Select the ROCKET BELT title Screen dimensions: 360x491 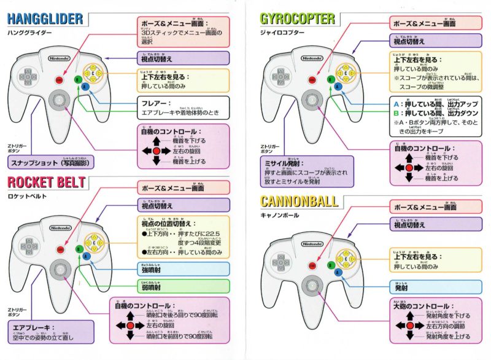click(x=47, y=181)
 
